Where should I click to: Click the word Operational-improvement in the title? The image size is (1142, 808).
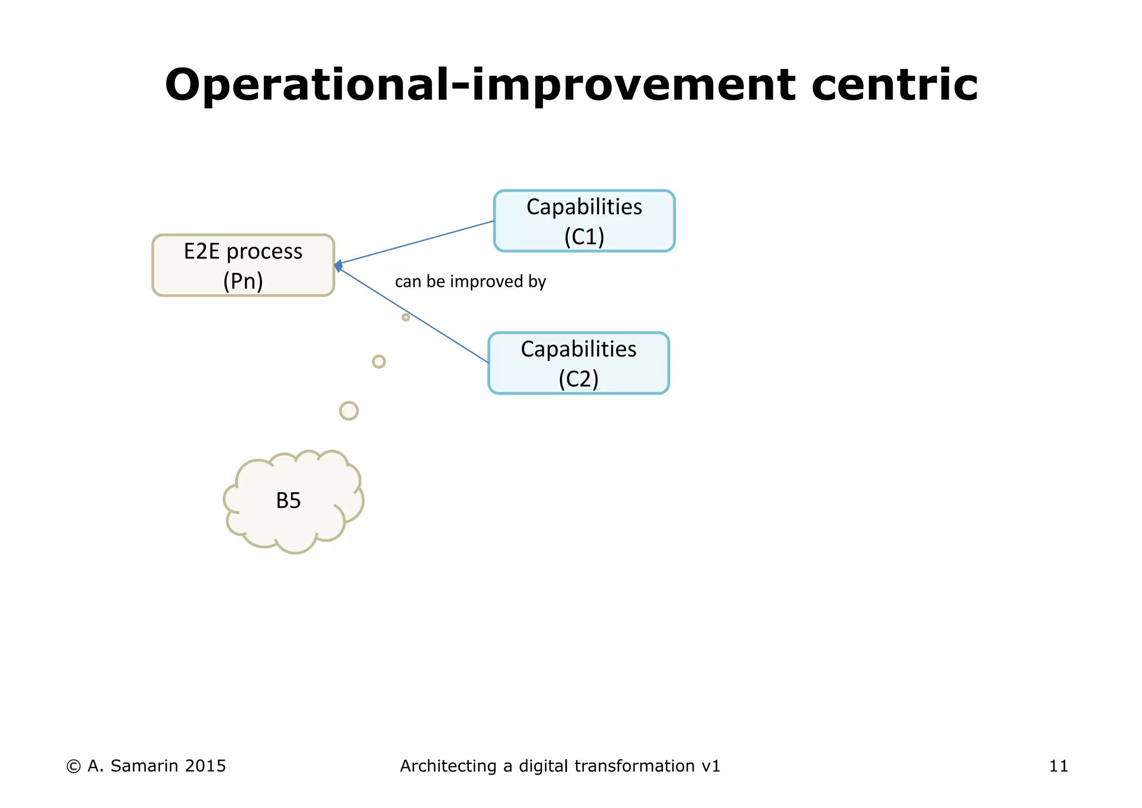(480, 85)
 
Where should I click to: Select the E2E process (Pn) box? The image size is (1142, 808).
(243, 265)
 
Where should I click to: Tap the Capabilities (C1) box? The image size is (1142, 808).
(584, 221)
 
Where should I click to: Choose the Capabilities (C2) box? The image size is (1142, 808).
(578, 363)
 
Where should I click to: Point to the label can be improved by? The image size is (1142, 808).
(470, 281)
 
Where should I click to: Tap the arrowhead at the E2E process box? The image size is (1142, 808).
(338, 266)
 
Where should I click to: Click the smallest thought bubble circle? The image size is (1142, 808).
(405, 317)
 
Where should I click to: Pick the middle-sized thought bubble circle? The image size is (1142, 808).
(379, 362)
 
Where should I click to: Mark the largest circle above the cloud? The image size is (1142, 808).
(349, 411)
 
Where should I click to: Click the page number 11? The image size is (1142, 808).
(1058, 766)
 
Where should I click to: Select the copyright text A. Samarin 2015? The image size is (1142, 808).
(146, 766)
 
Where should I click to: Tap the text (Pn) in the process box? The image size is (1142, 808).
(243, 281)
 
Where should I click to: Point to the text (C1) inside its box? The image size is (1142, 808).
(584, 237)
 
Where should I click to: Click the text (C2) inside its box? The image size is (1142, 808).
(578, 379)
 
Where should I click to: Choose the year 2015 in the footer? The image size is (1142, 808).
(205, 766)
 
